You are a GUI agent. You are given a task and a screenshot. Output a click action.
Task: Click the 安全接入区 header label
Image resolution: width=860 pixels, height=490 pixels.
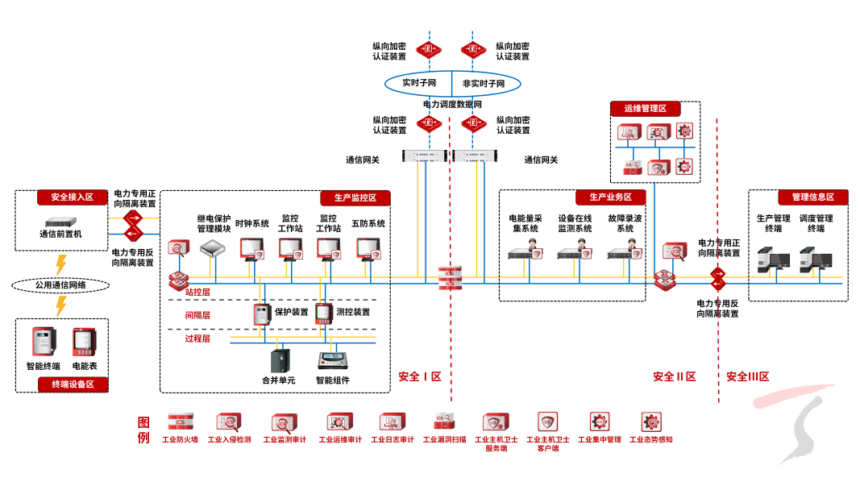(72, 197)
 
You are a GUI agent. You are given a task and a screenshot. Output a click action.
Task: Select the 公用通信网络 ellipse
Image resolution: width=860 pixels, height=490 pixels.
(60, 284)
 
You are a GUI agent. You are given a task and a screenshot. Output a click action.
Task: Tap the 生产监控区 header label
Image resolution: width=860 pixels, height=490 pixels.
(355, 197)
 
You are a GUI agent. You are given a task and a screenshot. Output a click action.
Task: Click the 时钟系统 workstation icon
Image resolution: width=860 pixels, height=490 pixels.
(252, 249)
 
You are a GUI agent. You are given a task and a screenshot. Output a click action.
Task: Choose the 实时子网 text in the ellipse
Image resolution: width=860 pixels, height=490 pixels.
(419, 83)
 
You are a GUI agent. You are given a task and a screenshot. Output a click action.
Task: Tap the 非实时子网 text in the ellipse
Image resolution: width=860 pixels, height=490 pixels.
(484, 83)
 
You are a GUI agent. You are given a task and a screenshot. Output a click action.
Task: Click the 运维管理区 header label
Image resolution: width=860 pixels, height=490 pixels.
(646, 109)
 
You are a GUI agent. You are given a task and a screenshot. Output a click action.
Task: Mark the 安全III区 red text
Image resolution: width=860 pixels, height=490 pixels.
(747, 376)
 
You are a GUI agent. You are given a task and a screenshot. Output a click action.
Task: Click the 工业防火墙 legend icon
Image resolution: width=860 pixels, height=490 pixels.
(180, 421)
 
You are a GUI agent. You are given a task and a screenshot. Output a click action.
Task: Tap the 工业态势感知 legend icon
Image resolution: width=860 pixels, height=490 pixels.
(650, 421)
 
